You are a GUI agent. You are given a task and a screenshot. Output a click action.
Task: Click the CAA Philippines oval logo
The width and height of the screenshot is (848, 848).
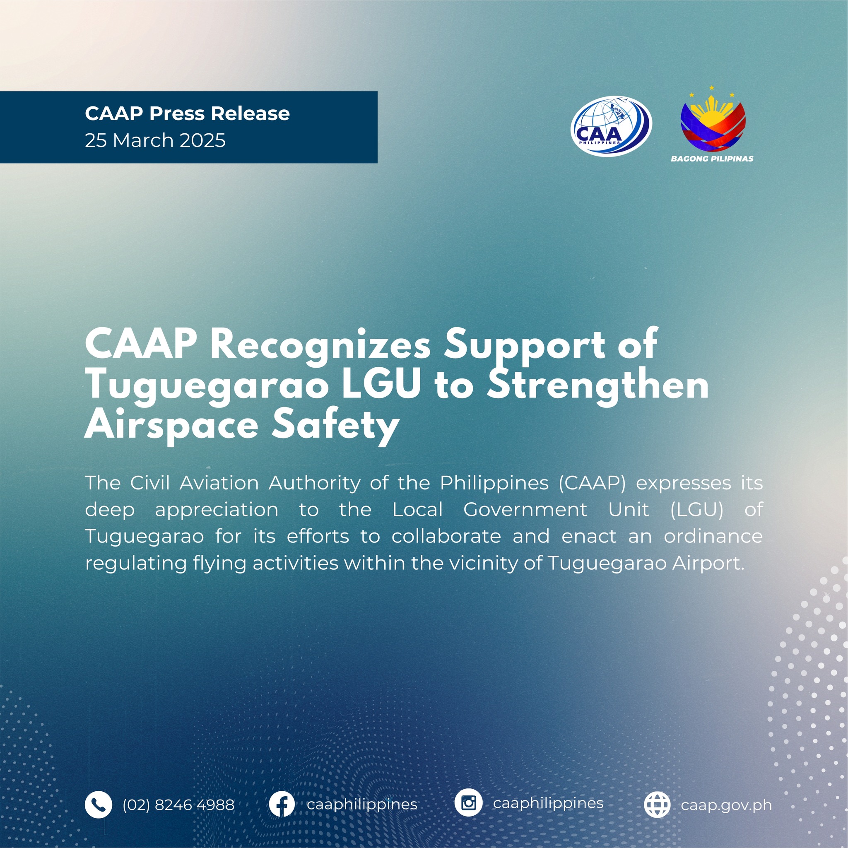(x=611, y=126)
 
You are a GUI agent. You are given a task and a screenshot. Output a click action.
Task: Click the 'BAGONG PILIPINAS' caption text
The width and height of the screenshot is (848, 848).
(x=712, y=159)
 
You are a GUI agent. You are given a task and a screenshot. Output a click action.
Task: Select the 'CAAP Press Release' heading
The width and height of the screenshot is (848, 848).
(x=188, y=113)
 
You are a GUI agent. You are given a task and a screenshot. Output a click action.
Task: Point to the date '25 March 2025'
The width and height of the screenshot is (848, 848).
(x=155, y=140)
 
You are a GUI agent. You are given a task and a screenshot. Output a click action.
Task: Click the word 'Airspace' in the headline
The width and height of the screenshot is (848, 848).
(x=171, y=426)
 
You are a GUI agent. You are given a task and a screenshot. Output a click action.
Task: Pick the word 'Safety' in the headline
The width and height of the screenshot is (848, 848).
(x=335, y=425)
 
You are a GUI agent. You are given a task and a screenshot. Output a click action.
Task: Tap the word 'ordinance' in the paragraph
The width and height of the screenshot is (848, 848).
(x=713, y=536)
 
